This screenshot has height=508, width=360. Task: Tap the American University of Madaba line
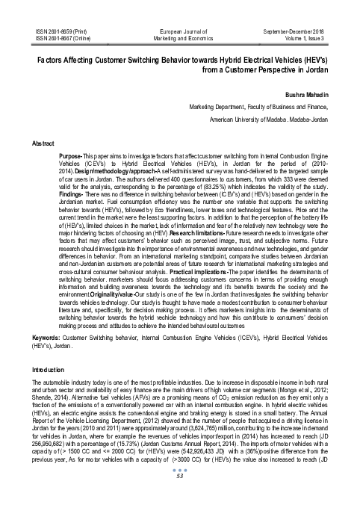270,118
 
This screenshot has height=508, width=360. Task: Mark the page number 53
180,499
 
